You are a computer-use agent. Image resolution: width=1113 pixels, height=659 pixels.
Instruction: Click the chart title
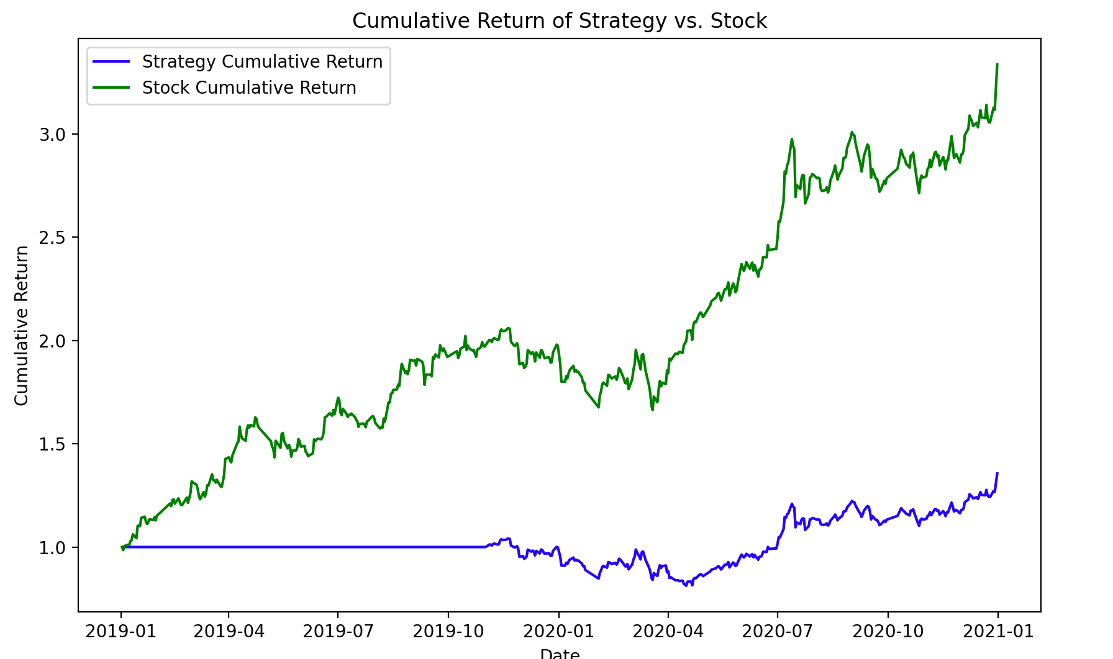click(x=559, y=21)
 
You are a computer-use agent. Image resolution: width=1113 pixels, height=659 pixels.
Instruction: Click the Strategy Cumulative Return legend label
click(x=262, y=62)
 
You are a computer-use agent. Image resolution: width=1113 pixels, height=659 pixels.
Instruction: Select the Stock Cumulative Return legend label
click(x=249, y=88)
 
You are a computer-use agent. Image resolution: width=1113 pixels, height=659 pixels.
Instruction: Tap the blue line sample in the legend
click(x=111, y=62)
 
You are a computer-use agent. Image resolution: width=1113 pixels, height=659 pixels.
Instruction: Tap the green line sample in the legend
click(x=111, y=88)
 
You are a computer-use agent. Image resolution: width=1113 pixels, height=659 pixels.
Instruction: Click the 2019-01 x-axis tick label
click(x=120, y=632)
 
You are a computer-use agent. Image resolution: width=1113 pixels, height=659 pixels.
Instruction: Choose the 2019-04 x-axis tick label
click(x=229, y=632)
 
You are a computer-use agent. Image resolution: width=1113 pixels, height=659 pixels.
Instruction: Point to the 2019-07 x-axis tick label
click(x=338, y=632)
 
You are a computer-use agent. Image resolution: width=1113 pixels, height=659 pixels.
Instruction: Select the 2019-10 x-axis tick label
click(x=448, y=632)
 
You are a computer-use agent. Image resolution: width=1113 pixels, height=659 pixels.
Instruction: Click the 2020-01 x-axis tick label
click(x=558, y=632)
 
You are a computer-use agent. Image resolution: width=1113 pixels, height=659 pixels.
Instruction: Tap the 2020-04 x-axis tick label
click(x=668, y=632)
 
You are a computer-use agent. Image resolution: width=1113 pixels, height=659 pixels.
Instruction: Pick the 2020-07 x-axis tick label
click(x=777, y=632)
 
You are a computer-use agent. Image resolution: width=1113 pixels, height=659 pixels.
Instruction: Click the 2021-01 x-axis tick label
click(x=998, y=632)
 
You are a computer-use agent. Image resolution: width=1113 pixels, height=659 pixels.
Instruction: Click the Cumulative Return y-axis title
click(x=22, y=326)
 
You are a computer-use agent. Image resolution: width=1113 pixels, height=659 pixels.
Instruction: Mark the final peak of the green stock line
click(x=997, y=64)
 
